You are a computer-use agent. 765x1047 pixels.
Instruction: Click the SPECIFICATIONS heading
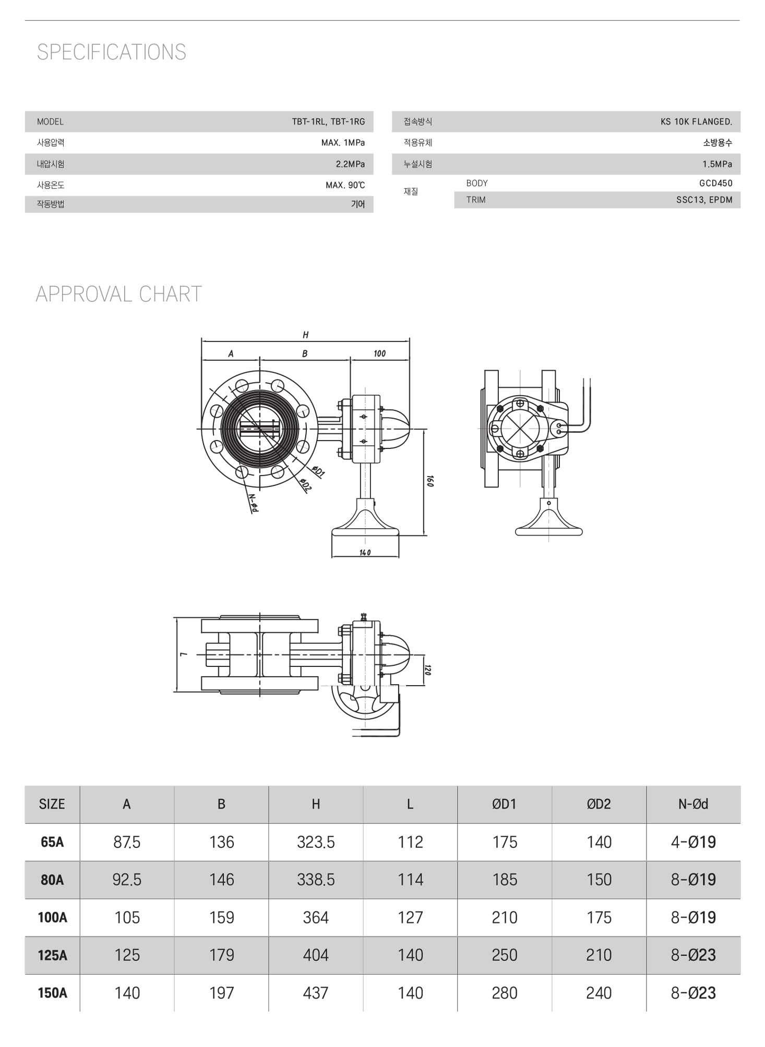point(111,52)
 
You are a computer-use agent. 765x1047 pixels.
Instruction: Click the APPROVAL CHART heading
point(118,294)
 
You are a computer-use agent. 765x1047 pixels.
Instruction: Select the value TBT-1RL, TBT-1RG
point(328,121)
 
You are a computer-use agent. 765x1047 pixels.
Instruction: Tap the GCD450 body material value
point(715,183)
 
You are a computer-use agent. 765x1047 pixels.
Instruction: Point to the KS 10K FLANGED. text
point(696,121)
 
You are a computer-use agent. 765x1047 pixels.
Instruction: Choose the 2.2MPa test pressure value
point(350,164)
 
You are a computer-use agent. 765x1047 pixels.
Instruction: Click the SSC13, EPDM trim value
point(704,200)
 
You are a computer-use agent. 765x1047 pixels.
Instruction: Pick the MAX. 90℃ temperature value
point(345,185)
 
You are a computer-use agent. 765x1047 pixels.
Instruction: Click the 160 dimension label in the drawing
point(430,481)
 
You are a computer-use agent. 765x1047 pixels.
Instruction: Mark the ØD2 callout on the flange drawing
point(306,484)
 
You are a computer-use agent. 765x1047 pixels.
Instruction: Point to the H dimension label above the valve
point(306,335)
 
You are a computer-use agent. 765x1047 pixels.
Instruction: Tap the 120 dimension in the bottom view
point(428,669)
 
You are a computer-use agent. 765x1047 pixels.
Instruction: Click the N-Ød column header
point(693,804)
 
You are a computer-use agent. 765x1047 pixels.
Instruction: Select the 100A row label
point(52,917)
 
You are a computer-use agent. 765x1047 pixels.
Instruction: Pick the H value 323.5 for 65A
point(316,842)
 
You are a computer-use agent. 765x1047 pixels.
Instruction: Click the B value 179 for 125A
point(221,955)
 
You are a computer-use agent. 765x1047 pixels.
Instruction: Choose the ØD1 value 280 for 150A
point(504,993)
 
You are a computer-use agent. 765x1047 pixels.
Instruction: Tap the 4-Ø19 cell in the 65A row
point(693,842)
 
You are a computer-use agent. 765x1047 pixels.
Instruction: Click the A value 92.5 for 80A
point(127,880)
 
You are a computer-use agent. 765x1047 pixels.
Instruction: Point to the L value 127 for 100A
point(410,917)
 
